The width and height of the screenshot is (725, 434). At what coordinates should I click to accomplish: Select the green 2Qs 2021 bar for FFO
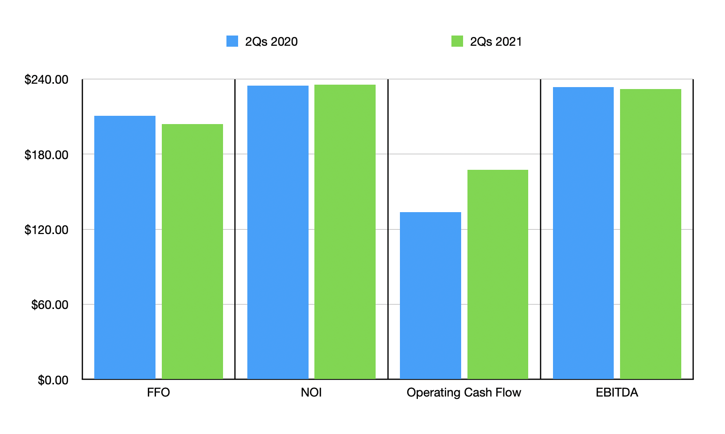click(x=192, y=252)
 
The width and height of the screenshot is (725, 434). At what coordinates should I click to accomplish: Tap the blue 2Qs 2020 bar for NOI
click(x=278, y=232)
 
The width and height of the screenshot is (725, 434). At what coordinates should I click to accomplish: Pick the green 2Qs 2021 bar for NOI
click(x=345, y=232)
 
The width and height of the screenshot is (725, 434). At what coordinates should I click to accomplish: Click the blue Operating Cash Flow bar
click(x=431, y=295)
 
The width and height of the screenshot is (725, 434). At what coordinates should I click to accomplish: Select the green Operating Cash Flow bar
click(x=498, y=274)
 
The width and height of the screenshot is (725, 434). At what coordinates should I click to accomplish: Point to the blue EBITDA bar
click(x=583, y=233)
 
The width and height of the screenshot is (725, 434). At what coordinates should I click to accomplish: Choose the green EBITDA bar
click(x=651, y=234)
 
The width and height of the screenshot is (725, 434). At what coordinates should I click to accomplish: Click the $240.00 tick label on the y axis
click(x=47, y=80)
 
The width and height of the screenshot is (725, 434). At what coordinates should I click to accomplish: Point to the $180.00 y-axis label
click(x=47, y=155)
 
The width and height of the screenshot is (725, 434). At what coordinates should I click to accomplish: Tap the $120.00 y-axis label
click(x=47, y=230)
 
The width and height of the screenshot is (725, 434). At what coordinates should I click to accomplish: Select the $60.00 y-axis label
click(x=50, y=305)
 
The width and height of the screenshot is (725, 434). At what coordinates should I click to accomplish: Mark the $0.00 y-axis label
click(x=53, y=380)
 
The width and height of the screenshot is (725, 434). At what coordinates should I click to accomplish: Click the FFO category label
click(x=158, y=393)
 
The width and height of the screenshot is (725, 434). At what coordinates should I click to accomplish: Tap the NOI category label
click(x=311, y=393)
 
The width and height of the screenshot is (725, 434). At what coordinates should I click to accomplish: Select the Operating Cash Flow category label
click(x=464, y=393)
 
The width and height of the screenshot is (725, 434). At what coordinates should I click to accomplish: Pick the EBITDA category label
click(x=617, y=393)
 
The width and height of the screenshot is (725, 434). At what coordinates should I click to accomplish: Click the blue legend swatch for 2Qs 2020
click(x=232, y=41)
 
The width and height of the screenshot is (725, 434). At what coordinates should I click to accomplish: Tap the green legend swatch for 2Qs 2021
click(x=457, y=41)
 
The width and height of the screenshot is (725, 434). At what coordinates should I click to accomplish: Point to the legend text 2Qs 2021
click(x=496, y=42)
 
